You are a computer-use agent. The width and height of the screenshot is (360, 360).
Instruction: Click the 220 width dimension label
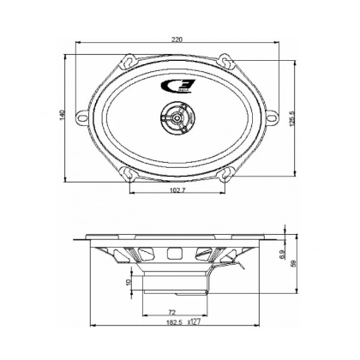pos(177,40)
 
